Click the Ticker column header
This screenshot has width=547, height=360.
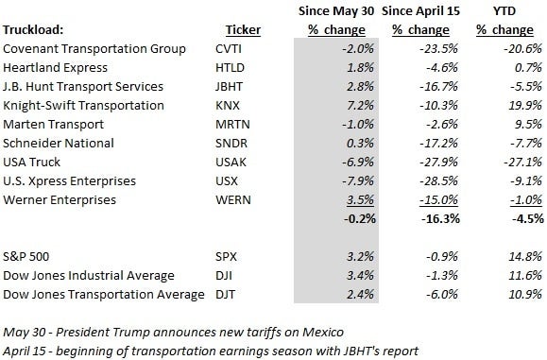[243, 30]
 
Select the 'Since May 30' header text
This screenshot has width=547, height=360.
[336, 11]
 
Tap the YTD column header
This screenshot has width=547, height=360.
[504, 11]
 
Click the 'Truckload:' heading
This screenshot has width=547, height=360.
[33, 30]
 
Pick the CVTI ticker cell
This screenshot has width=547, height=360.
[229, 49]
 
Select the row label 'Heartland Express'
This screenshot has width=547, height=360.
[55, 68]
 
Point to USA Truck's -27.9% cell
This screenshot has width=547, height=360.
[439, 163]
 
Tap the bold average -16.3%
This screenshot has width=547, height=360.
[440, 219]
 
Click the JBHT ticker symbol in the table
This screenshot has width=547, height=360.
[229, 87]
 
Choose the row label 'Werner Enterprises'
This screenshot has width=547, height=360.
[60, 200]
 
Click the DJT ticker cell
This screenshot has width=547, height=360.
[226, 295]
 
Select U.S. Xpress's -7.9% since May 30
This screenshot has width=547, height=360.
[358, 181]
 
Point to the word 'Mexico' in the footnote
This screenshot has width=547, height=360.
[323, 332]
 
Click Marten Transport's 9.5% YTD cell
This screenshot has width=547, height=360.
[528, 125]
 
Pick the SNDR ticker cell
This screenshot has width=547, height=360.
[231, 144]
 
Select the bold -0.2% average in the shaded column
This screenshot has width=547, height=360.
[360, 219]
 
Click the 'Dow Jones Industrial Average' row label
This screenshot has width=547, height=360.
[89, 276]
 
